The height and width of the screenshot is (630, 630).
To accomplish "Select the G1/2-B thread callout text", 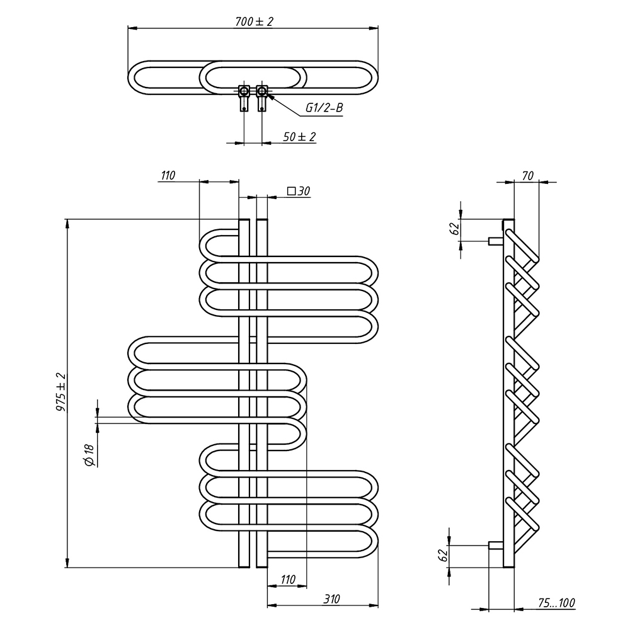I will tap(324, 108).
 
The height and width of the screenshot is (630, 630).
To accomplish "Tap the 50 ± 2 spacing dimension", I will tap(299, 137).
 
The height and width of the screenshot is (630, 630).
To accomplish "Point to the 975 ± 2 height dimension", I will tap(61, 392).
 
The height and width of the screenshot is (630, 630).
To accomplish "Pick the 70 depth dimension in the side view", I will tap(528, 175).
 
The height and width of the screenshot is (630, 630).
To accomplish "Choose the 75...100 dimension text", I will tap(558, 603).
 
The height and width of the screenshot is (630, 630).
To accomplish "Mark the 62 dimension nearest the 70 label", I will tap(454, 229).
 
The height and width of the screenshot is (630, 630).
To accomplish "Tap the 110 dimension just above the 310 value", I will tap(287, 579).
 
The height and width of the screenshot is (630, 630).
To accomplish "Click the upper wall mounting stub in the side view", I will tap(495, 240).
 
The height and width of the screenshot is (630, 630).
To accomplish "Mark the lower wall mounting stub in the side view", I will tap(495, 545).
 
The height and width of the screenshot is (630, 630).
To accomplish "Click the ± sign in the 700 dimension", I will tap(260, 21).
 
